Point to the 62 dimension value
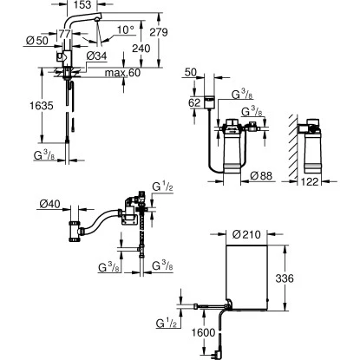pos(194,101)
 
